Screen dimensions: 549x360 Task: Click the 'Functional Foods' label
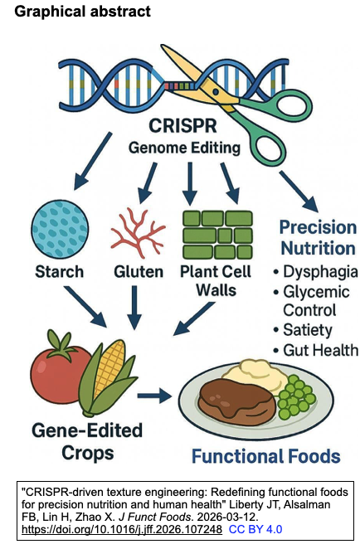265,455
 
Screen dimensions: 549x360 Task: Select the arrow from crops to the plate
155,396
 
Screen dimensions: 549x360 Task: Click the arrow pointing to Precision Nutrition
298,192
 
